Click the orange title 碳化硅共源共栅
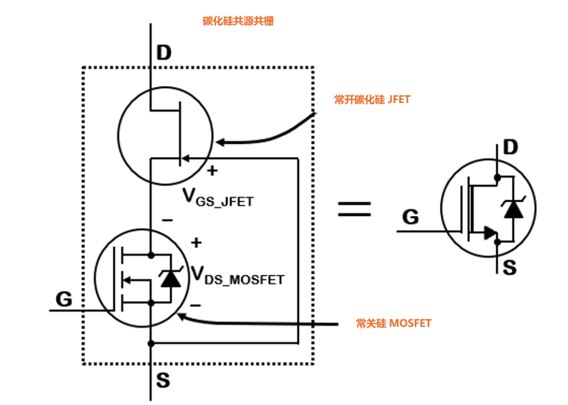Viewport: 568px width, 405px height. pos(238,22)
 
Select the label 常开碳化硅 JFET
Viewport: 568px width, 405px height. pos(372,99)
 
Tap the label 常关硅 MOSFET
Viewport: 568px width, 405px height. pos(393,323)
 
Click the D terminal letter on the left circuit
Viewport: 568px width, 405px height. pos(164,53)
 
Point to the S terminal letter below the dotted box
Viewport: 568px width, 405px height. pos(163,380)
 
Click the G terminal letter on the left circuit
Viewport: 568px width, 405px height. pos(64,299)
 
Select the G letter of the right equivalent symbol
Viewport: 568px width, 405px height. pos(411,217)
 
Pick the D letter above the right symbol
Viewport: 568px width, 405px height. pos(510,148)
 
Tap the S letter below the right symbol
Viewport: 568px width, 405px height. pos(510,268)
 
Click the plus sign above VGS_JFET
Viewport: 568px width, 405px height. pos(212,171)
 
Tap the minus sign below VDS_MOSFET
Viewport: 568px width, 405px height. pos(195,305)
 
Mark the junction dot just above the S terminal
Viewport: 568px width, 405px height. pos(151,343)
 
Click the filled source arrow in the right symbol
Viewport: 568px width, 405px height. pos(490,232)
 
